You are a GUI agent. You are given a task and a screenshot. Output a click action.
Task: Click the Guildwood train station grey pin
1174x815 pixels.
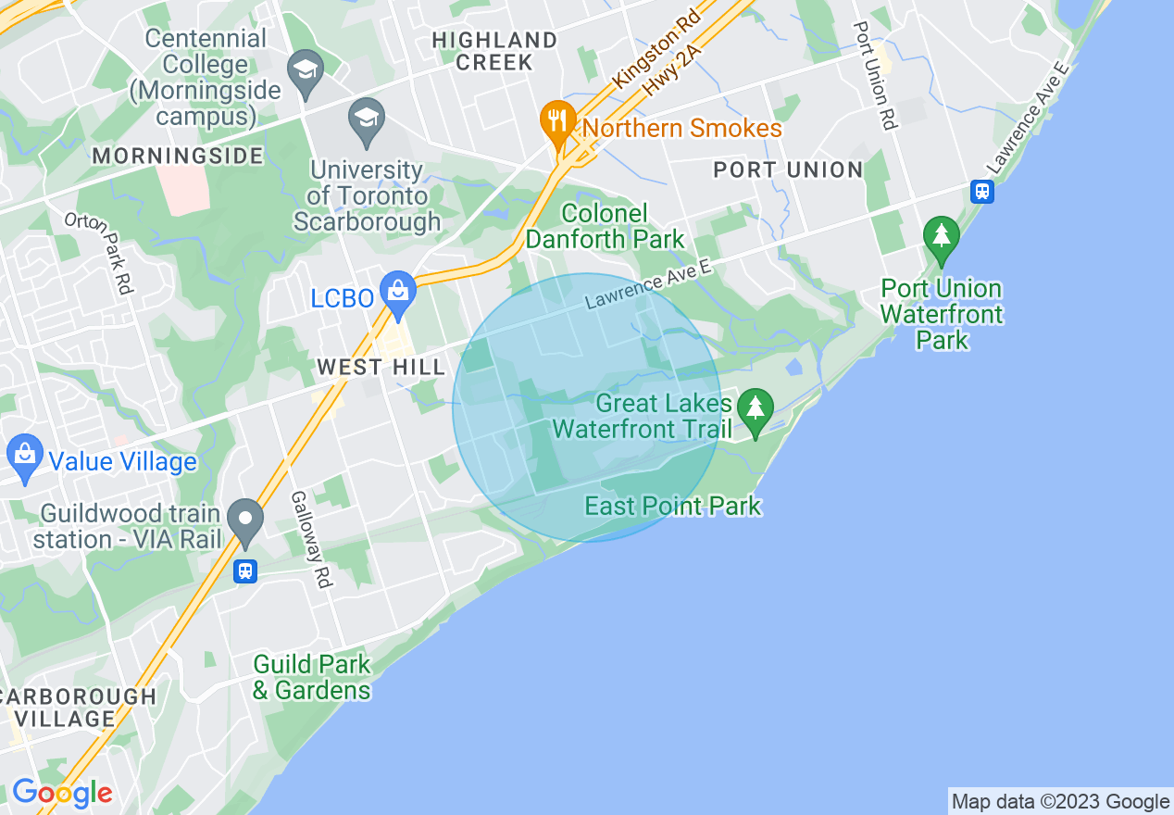pos(245,520)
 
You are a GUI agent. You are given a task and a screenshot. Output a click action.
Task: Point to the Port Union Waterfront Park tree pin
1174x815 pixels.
pos(942,237)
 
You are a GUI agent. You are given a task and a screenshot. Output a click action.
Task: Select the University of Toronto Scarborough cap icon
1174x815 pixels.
pos(368,120)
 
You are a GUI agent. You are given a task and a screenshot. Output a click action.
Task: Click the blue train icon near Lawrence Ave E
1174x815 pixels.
pos(982,192)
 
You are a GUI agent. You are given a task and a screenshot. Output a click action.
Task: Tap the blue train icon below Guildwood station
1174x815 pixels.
pos(245,570)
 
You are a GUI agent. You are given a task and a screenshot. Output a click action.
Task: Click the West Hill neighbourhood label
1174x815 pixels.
pos(381,368)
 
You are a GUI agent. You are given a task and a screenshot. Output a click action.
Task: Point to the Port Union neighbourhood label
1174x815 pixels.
pos(788,169)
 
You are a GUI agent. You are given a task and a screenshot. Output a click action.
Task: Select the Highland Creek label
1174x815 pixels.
pos(494,51)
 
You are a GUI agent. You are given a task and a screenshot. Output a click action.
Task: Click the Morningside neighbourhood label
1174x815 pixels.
pos(178,155)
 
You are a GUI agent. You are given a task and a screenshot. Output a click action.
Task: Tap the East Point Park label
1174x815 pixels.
pos(672,506)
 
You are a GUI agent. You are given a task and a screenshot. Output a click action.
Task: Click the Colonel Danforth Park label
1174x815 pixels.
pos(605,226)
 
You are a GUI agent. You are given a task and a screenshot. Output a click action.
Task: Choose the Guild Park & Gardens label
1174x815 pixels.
pos(312,677)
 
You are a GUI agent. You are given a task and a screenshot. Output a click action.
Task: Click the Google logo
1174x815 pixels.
pos(62,793)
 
